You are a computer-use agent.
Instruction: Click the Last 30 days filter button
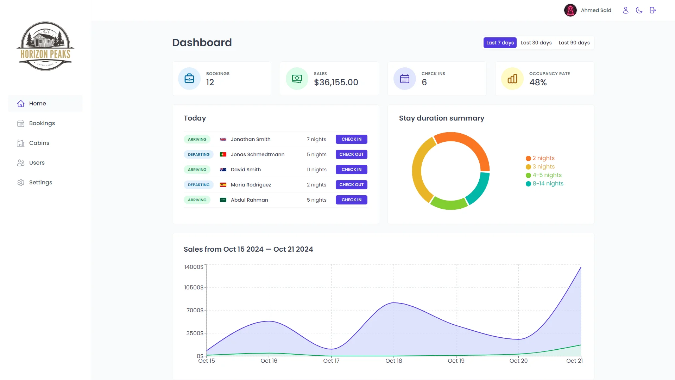pos(536,43)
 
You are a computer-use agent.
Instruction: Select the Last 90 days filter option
pos(574,43)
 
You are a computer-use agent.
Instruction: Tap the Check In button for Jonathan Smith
pos(351,139)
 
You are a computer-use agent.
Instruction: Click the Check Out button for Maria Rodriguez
pos(351,185)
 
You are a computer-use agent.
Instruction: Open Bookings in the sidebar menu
pos(42,123)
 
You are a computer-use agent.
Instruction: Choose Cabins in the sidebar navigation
pos(39,143)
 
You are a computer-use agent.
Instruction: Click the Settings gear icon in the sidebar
pos(21,183)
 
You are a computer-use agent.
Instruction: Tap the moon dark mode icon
pos(639,10)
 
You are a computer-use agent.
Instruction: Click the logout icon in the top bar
pos(653,10)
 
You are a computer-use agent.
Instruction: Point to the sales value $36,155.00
pos(336,82)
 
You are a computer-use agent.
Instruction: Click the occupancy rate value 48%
pos(538,82)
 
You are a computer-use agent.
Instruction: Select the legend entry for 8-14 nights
pos(548,184)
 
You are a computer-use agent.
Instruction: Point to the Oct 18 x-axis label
pos(393,361)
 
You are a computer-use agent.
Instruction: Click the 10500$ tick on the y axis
pos(194,287)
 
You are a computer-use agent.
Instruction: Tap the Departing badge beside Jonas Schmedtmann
pos(198,154)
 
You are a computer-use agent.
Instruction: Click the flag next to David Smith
pos(223,170)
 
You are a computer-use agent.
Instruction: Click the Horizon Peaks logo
pos(45,46)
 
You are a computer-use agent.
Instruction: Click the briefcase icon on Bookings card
pos(189,78)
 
